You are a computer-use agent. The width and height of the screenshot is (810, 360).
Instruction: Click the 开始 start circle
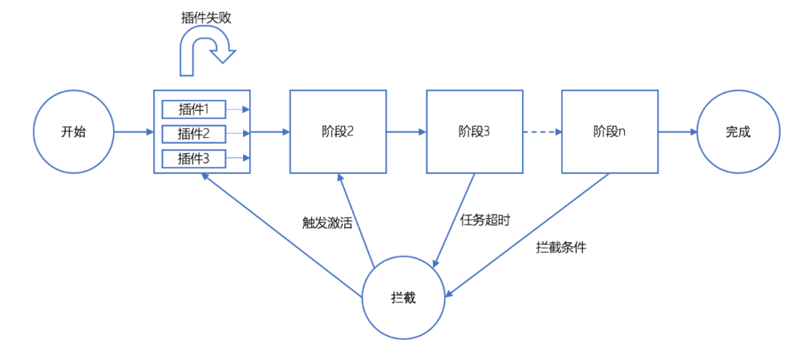[x=73, y=132]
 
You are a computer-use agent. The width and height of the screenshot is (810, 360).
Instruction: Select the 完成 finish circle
[x=737, y=132]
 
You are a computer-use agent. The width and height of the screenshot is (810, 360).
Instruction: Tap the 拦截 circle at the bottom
[x=403, y=298]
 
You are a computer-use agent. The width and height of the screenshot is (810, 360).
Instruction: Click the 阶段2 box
[x=337, y=132]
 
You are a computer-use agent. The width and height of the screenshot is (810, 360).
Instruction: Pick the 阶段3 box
[x=474, y=132]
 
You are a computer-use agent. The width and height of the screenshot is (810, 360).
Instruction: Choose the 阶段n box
[x=610, y=132]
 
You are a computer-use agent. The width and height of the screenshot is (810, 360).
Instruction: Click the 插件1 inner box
[x=193, y=109]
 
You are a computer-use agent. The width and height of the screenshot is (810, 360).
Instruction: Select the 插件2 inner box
[x=193, y=134]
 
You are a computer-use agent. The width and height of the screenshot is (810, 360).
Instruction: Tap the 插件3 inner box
[x=193, y=158]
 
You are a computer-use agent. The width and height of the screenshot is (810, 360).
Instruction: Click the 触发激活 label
[x=326, y=223]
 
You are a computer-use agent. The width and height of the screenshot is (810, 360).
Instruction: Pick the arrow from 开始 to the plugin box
[x=133, y=133]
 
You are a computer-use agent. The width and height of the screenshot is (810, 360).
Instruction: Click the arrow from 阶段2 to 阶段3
[x=406, y=133]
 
